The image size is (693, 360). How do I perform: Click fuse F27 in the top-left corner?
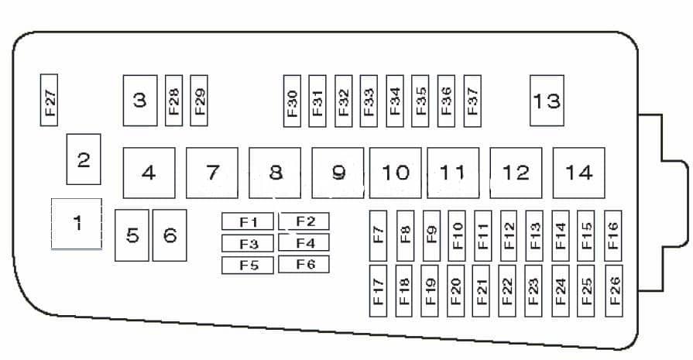(50, 100)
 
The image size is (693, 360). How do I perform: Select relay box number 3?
(140, 100)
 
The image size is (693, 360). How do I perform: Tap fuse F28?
(173, 100)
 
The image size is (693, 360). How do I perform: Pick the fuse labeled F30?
(292, 100)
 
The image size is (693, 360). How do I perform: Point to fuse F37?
(472, 100)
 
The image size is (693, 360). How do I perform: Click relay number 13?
(547, 100)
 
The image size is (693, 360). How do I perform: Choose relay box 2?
(84, 159)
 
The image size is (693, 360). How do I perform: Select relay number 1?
(77, 224)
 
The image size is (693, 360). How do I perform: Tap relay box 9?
(338, 173)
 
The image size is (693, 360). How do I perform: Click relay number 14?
(578, 173)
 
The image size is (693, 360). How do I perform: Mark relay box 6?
(170, 235)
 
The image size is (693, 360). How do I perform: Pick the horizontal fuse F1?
(247, 222)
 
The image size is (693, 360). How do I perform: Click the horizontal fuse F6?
(304, 265)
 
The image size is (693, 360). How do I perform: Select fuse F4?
(304, 243)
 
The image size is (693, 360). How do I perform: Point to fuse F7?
(378, 235)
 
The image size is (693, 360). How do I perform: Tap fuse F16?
(613, 235)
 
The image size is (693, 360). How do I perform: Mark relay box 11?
(453, 173)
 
